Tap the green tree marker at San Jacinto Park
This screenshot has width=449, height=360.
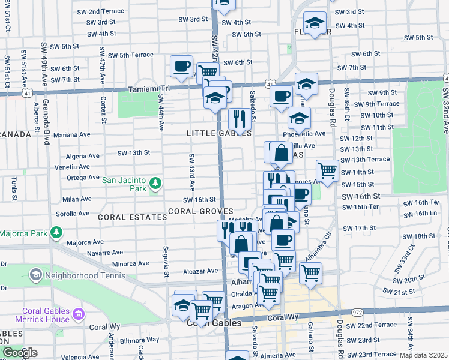[155, 182]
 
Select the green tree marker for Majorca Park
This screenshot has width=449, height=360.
[56, 232]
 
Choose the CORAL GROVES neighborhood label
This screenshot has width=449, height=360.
[200, 211]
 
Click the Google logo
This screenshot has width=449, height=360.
[20, 353]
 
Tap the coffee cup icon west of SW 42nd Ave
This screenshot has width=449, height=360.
[181, 67]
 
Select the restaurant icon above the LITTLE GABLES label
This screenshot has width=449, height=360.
[240, 118]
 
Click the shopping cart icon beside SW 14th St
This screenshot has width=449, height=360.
[327, 170]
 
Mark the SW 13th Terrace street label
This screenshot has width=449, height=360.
[364, 159]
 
